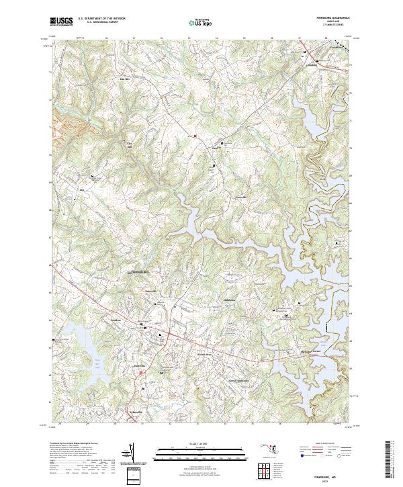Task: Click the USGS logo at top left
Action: click(61, 22)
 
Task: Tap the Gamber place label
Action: click(216, 146)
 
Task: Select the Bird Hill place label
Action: click(124, 79)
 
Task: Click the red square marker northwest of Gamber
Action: click(195, 136)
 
